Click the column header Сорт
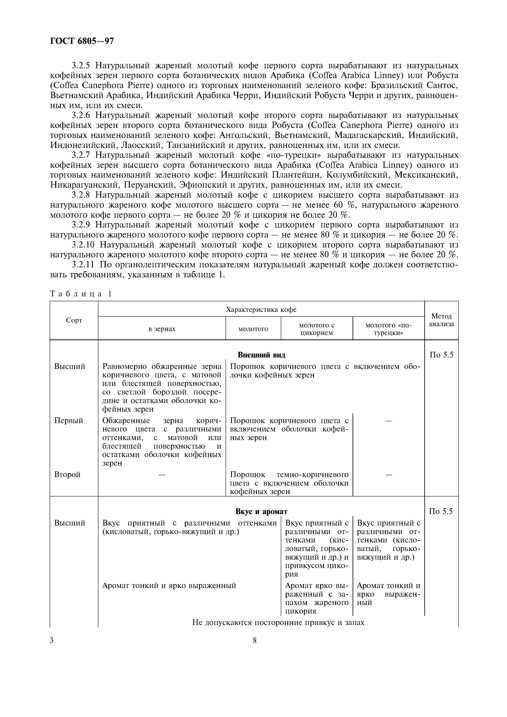[74, 320]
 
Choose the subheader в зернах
[162, 329]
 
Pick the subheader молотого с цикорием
[317, 329]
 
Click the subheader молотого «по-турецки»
[388, 329]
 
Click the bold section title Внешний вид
[261, 355]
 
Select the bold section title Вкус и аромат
[261, 512]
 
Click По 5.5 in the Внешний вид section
[441, 355]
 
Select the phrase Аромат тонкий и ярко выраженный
[169, 586]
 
